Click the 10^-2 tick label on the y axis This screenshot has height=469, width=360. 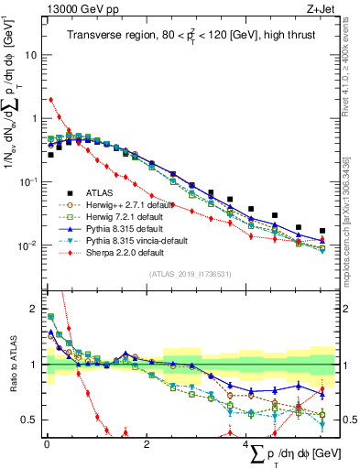(x=27, y=245)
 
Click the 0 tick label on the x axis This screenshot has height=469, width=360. (x=47, y=444)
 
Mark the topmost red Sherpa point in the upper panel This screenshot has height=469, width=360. (x=50, y=100)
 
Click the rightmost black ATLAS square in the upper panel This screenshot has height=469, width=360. (x=322, y=231)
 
